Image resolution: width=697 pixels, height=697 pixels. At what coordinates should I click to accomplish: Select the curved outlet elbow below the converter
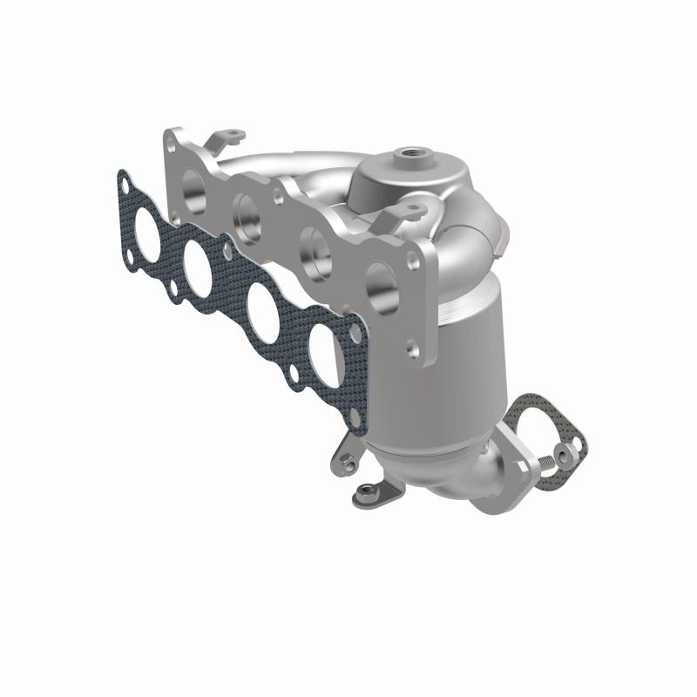pos(470,479)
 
